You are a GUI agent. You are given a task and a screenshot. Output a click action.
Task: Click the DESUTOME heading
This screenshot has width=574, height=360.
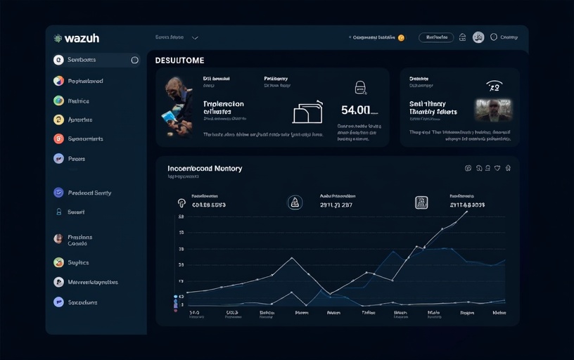point(179,60)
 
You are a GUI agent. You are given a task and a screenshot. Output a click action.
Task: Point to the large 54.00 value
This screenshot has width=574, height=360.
point(356,110)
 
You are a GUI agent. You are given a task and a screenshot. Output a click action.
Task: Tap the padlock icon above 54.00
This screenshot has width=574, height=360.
point(360,87)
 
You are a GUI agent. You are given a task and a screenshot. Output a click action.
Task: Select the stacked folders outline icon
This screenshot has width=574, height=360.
point(307,112)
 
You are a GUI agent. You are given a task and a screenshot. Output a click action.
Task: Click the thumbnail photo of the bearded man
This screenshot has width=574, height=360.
point(492,110)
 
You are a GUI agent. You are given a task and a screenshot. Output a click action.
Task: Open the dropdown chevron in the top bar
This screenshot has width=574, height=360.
point(195,37)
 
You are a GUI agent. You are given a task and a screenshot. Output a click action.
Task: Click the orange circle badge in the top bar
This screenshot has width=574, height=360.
point(401,37)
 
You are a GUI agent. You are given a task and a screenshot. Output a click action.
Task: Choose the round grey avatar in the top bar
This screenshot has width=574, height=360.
point(478,37)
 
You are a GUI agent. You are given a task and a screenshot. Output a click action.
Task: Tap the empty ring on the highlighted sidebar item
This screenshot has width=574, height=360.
point(134,60)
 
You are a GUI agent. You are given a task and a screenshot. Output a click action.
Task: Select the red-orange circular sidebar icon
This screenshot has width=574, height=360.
point(58,139)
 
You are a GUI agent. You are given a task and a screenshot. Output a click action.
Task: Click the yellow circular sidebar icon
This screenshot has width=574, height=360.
point(58,120)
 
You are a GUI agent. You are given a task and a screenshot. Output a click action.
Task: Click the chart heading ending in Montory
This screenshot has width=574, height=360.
point(205,169)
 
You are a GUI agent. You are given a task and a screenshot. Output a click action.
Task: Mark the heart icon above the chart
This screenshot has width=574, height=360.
point(497,168)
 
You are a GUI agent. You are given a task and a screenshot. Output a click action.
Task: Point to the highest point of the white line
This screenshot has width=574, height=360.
point(467,210)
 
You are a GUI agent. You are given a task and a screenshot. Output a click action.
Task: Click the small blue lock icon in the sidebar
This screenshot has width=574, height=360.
point(58,212)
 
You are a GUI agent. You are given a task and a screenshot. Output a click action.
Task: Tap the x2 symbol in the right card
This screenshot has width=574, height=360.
point(494,86)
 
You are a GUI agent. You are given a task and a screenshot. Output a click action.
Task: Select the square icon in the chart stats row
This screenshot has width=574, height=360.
point(421,202)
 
